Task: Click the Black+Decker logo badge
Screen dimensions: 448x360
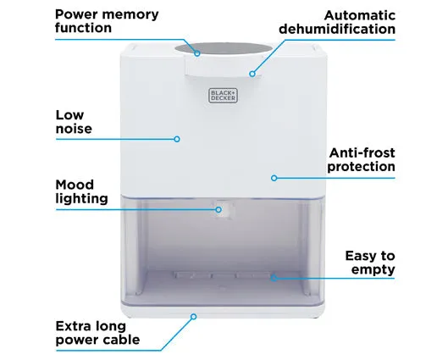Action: [x=223, y=96]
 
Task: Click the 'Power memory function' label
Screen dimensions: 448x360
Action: [x=107, y=21]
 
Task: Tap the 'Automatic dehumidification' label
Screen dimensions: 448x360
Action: [x=337, y=22]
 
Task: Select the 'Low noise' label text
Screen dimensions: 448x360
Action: [x=74, y=122]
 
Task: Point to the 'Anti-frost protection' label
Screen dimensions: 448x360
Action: [x=362, y=160]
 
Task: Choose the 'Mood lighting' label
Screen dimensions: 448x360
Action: [x=81, y=191]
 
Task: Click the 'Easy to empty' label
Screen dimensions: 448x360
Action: [x=370, y=263]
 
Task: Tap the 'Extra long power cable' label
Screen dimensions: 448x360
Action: [x=97, y=333]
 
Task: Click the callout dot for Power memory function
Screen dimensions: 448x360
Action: [x=197, y=53]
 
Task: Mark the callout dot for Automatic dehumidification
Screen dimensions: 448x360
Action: [x=252, y=74]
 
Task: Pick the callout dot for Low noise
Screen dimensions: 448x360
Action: [x=177, y=139]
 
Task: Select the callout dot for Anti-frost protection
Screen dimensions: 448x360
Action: [x=274, y=178]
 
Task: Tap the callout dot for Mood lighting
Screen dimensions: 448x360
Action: [x=218, y=210]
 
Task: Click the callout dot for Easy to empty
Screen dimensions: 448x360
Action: [x=274, y=278]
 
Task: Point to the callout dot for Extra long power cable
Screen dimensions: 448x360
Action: [x=194, y=317]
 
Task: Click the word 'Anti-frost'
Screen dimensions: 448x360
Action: [x=362, y=152]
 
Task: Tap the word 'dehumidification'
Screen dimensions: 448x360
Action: [x=337, y=29]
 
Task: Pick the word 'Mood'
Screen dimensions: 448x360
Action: [x=75, y=185]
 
